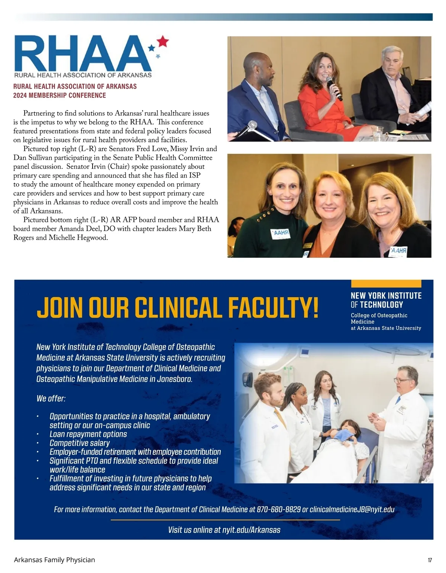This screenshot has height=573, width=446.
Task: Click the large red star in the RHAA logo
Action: tap(162, 41)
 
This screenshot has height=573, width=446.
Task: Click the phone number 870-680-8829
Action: tap(279, 509)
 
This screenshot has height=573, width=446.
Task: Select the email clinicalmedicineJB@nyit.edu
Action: tap(352, 509)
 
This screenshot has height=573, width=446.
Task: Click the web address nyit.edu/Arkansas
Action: tap(251, 530)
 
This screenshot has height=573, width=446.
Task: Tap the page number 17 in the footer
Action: tap(430, 560)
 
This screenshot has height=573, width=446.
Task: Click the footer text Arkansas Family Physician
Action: tap(54, 560)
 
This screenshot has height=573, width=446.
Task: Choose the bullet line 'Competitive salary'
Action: tap(80, 443)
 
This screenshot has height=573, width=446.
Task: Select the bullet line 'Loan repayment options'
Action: tap(88, 434)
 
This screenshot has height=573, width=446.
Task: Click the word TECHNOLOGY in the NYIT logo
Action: tap(381, 305)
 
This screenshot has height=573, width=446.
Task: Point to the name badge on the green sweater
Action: tap(281, 234)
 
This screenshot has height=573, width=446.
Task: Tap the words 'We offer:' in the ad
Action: tap(51, 398)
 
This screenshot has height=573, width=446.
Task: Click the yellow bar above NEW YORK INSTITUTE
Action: tap(386, 284)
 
